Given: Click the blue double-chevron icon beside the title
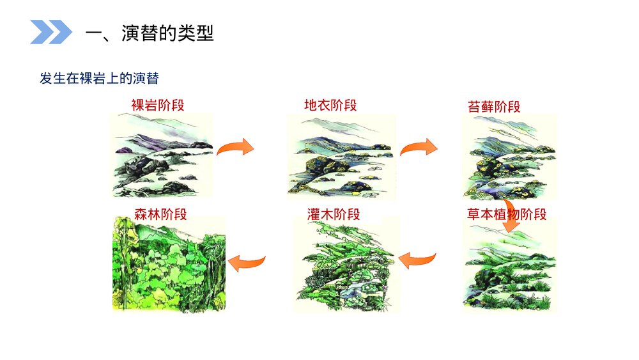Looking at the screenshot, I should tap(51, 32).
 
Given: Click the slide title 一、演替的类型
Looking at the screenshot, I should tap(150, 33).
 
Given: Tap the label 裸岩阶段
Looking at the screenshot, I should tap(158, 105).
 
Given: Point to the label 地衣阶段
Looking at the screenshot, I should tap(330, 105).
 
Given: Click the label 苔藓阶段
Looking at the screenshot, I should tap(494, 106).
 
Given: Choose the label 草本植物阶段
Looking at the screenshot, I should tap(507, 214).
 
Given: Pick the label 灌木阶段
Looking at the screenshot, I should tap(333, 214).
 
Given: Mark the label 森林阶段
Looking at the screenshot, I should tap(160, 214).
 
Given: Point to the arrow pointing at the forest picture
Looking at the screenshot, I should tap(247, 261).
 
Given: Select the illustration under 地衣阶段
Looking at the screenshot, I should tap(341, 155).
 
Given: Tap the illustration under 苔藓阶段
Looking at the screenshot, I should tap(509, 157).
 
